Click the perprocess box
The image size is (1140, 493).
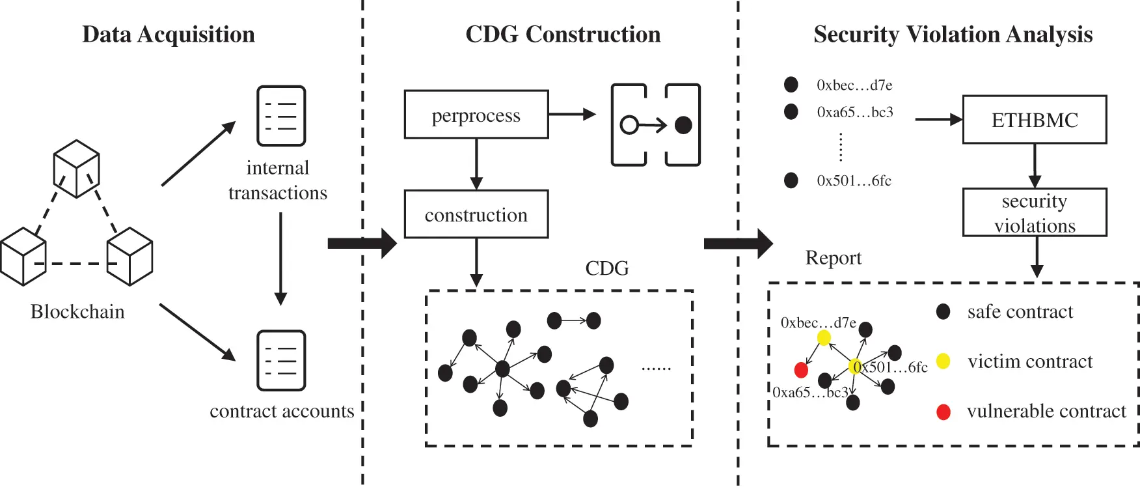click(476, 115)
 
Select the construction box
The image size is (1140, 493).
click(476, 214)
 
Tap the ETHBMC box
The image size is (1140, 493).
click(1034, 120)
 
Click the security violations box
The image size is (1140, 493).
click(1034, 212)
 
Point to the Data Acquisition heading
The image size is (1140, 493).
click(169, 35)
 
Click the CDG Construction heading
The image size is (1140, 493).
click(563, 35)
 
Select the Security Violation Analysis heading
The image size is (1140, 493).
click(953, 35)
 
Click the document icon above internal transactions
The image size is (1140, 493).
click(281, 116)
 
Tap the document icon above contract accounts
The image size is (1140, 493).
click(281, 360)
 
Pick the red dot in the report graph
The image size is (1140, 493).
click(801, 370)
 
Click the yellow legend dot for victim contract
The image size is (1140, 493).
click(943, 361)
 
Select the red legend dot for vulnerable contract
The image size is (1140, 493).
click(943, 412)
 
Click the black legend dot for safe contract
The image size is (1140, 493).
click(943, 311)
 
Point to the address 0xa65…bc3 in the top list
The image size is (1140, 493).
click(854, 112)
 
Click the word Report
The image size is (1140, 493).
click(833, 258)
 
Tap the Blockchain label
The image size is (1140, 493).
click(77, 311)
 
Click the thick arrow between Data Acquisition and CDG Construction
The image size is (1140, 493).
click(362, 244)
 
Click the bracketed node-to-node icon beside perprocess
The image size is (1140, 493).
click(655, 124)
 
